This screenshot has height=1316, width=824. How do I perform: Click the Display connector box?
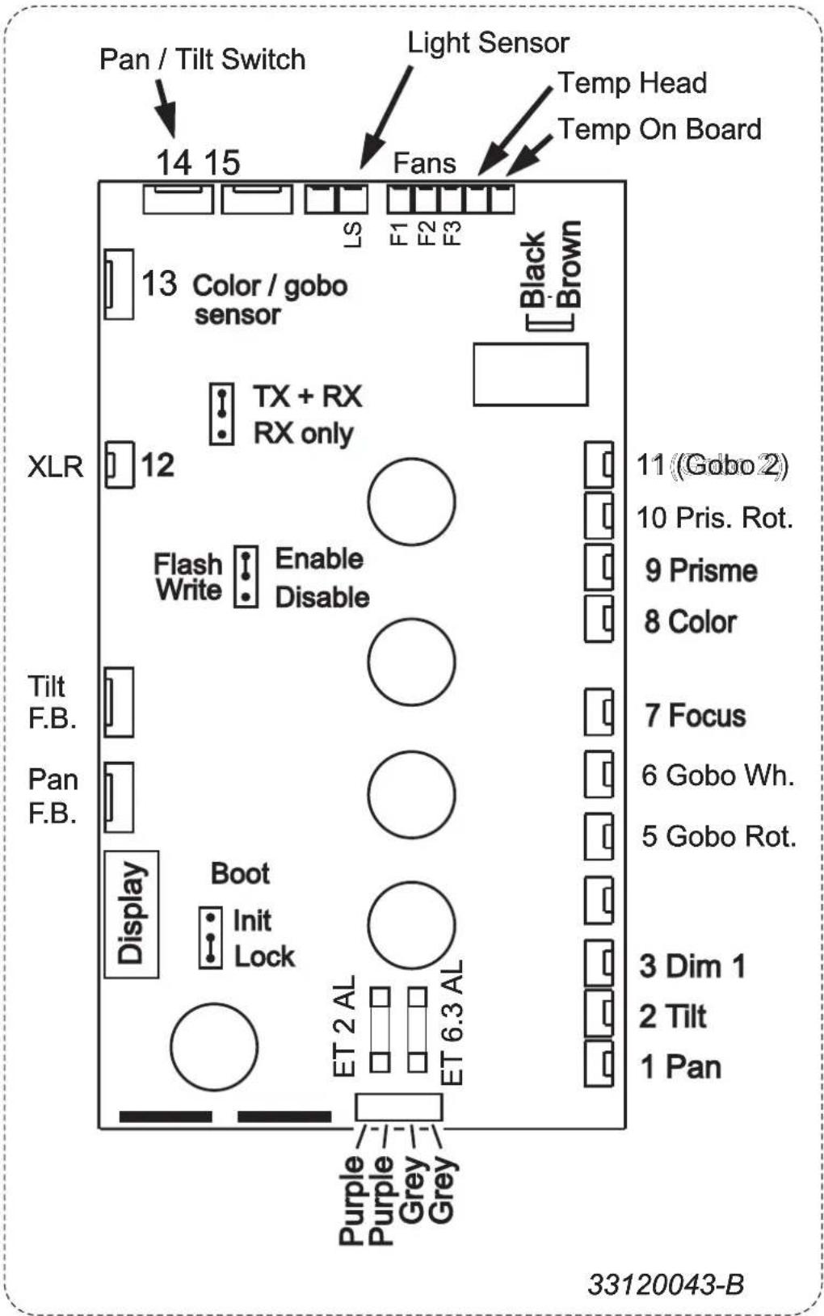[x=132, y=914]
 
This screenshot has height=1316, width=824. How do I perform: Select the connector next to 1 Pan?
[x=599, y=1064]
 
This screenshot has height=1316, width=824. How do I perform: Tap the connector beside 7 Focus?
[x=599, y=712]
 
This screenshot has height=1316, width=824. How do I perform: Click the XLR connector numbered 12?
[x=120, y=465]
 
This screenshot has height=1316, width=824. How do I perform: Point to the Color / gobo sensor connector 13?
[x=119, y=284]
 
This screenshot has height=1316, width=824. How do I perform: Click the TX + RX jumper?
[x=222, y=414]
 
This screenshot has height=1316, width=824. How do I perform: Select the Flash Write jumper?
[x=246, y=576]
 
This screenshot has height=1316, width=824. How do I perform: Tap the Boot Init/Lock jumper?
[x=211, y=938]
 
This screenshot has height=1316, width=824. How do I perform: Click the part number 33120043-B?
[x=666, y=1284]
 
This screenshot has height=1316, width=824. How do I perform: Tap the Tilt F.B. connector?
[x=119, y=702]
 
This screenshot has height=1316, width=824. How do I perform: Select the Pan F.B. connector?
[x=119, y=797]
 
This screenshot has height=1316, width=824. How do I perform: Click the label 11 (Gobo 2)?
[x=713, y=465]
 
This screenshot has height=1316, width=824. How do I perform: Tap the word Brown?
[x=569, y=264]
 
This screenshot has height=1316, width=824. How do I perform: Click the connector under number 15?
[x=257, y=199]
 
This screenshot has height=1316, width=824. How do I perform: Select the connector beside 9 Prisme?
[x=599, y=567]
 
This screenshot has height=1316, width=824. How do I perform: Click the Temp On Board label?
[x=659, y=129]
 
